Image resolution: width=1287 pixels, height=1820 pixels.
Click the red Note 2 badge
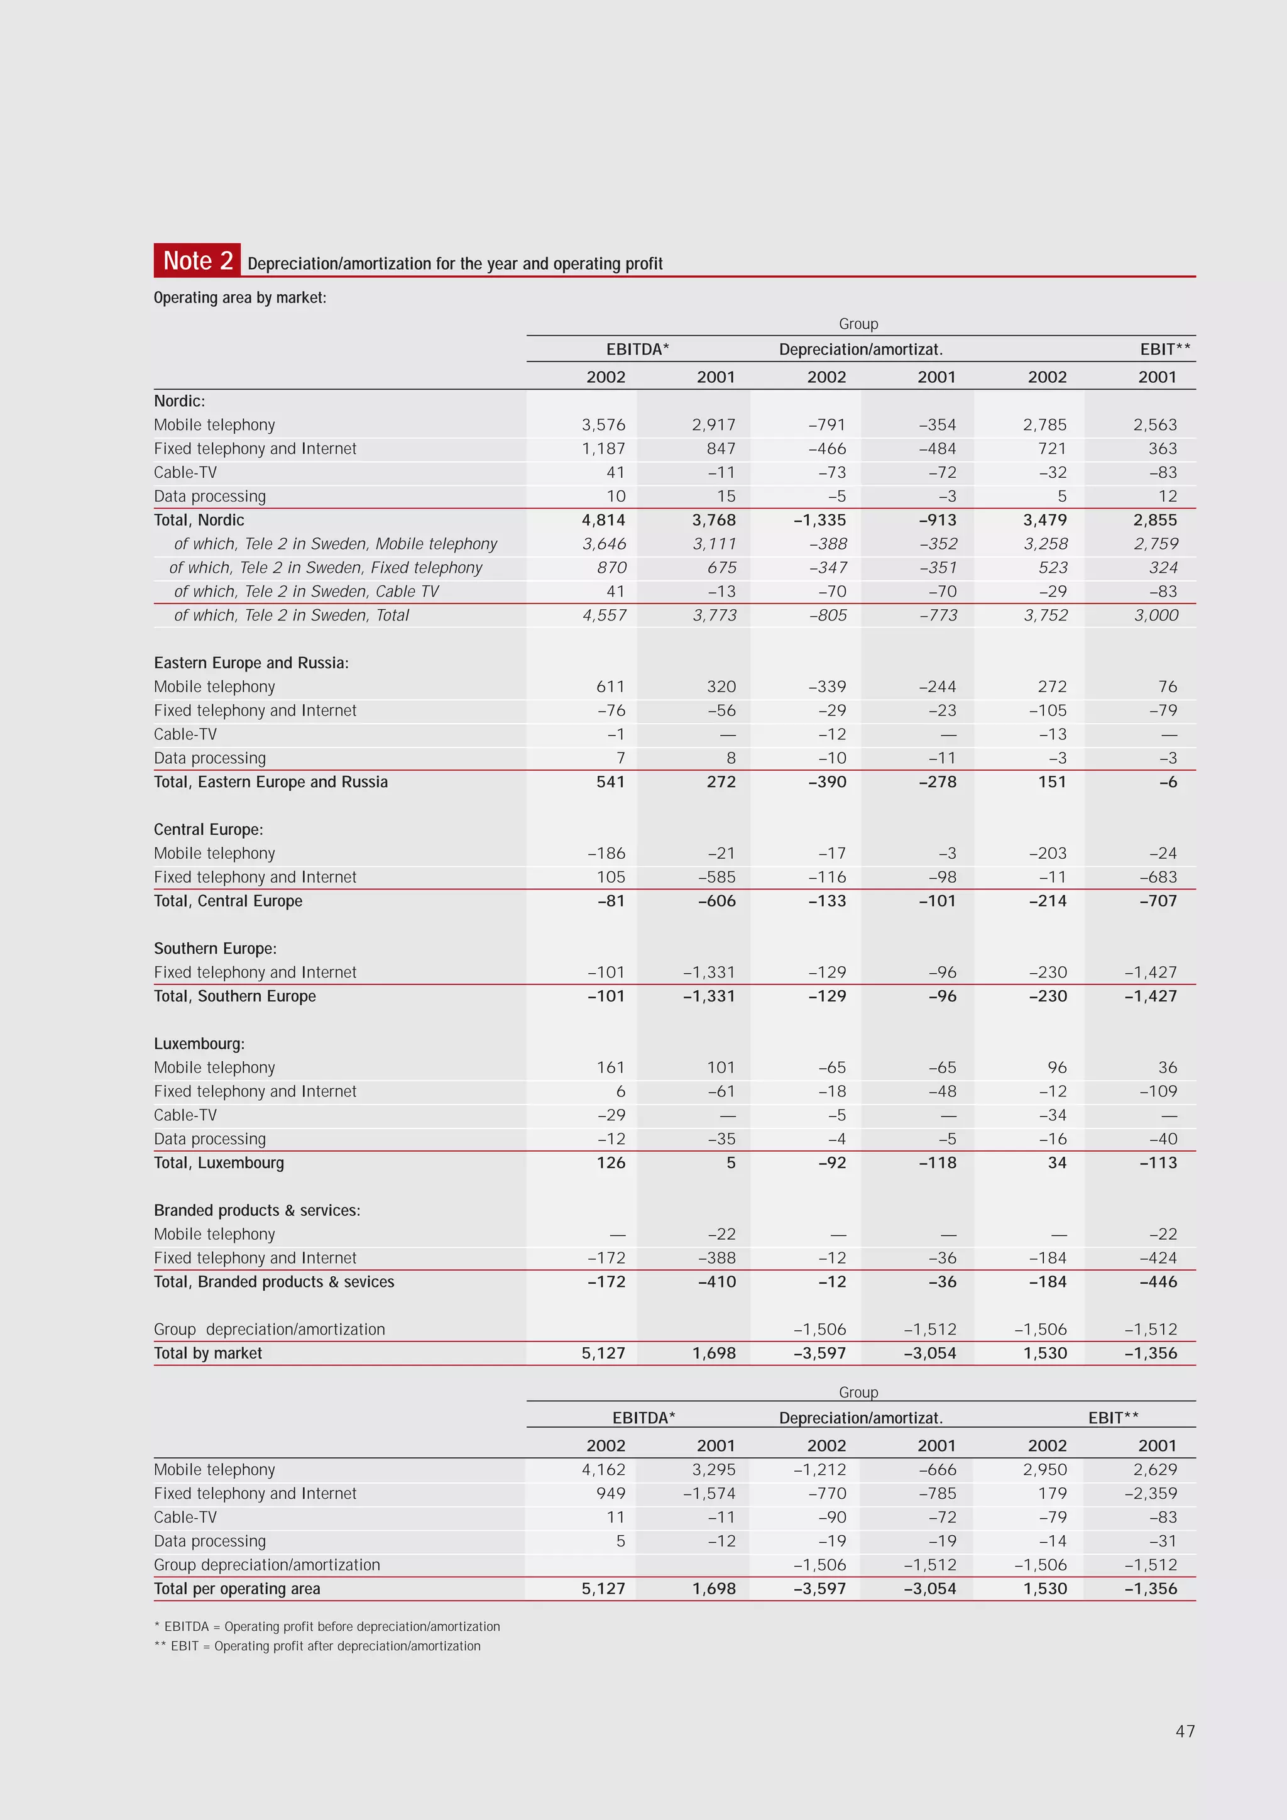[x=197, y=260]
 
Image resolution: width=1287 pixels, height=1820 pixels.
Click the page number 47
[x=1185, y=1731]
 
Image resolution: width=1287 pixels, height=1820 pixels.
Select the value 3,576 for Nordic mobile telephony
[x=603, y=425]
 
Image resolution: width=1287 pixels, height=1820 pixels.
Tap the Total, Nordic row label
[x=199, y=520]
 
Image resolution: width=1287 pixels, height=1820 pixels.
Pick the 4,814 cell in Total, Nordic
[x=603, y=520]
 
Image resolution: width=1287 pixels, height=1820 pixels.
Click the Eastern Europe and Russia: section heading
[x=251, y=663]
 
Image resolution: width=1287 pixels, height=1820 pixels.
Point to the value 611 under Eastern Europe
[x=610, y=687]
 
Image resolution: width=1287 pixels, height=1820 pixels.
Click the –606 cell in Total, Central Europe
[x=716, y=900]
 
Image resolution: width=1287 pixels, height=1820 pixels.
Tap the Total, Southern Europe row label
[x=234, y=996]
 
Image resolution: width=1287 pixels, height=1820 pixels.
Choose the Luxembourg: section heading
[x=199, y=1043]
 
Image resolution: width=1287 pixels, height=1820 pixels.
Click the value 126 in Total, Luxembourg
[x=610, y=1162]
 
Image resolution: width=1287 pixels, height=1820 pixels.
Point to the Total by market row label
[x=207, y=1353]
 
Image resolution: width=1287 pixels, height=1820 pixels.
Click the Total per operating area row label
[x=237, y=1589]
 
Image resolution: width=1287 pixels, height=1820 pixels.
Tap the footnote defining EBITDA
[x=327, y=1626]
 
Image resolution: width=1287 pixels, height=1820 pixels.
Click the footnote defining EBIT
[x=317, y=1646]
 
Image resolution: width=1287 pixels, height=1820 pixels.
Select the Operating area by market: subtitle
[x=239, y=297]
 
